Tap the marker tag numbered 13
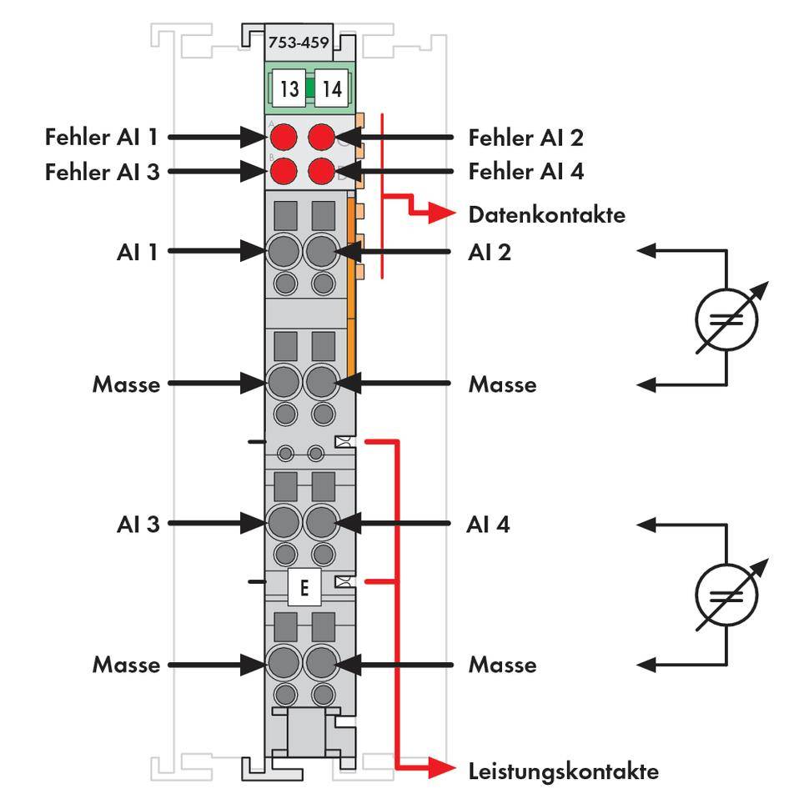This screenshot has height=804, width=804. click(x=289, y=88)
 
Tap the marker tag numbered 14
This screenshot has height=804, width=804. click(x=331, y=88)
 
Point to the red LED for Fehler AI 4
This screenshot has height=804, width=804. click(x=322, y=172)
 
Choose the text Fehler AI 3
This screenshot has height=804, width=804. click(x=102, y=172)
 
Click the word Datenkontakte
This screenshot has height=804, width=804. click(x=546, y=214)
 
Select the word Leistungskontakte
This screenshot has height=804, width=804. click(x=563, y=771)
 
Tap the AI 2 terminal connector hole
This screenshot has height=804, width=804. click(x=322, y=249)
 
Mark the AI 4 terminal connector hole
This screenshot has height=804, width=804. click(x=322, y=523)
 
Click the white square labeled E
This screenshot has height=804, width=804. click(x=304, y=588)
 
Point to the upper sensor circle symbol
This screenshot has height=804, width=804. click(x=726, y=316)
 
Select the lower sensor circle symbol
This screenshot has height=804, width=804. click(x=726, y=594)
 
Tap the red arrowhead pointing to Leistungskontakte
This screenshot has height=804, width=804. click(x=442, y=769)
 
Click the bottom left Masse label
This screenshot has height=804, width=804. click(x=126, y=665)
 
